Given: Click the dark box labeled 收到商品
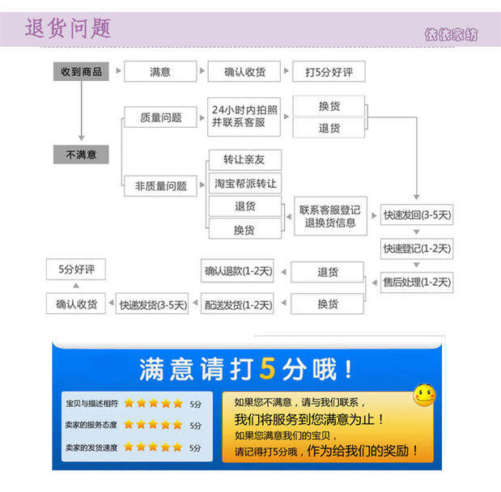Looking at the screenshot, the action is point(81,71).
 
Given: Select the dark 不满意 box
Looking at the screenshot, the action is point(81,154).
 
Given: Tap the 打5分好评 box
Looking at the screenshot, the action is point(329,71).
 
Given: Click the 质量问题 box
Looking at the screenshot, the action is point(160,117).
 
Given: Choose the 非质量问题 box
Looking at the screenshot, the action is point(160,185).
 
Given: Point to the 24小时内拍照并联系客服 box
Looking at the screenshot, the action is point(244,116).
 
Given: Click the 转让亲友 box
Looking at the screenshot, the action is point(244,159).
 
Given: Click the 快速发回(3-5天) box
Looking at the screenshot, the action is point(417,215).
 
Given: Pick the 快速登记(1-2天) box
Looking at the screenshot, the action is point(417,248).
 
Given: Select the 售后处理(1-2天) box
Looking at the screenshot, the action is point(417,282).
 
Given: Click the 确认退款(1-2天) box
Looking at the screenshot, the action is point(238,270).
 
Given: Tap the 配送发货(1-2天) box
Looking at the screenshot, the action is point(238,304).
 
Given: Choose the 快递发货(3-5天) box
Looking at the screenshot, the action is point(153,304).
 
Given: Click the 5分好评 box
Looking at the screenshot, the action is point(76,269).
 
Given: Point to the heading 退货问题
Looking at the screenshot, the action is point(68,28).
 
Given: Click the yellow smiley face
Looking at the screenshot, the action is point(424,395).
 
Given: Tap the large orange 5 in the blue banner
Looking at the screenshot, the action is point(268,370).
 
